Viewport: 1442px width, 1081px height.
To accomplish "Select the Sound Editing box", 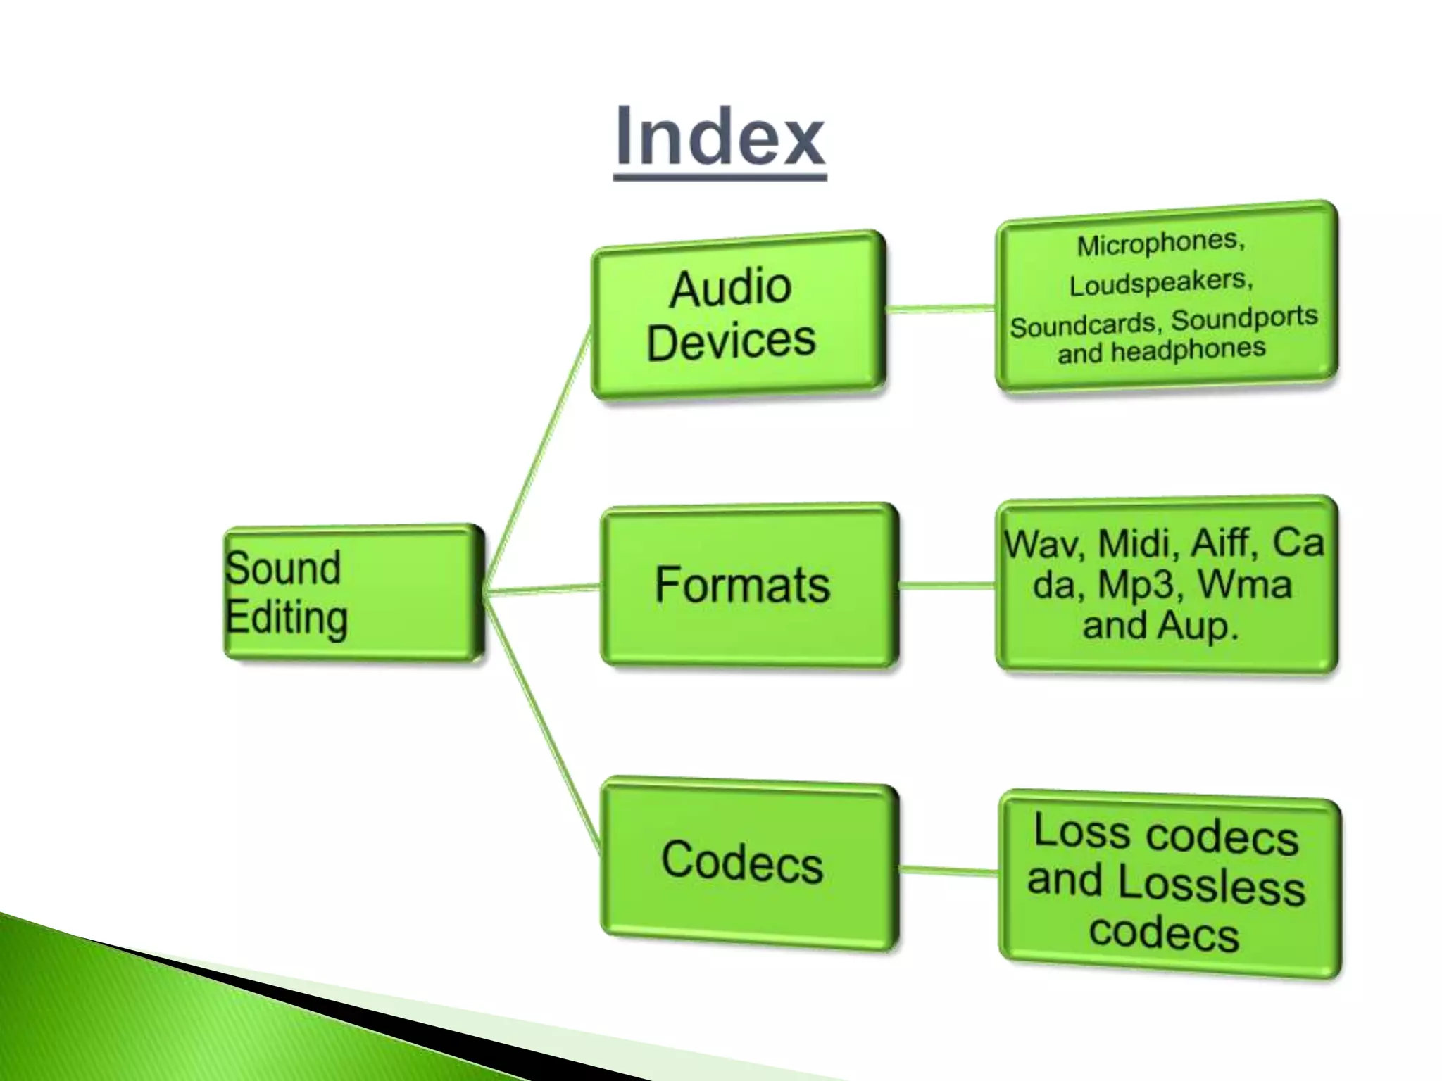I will point(354,593).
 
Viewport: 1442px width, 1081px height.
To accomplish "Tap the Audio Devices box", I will point(737,316).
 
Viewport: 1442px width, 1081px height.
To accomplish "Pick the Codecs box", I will point(748,862).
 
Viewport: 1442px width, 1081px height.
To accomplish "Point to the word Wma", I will point(1245,584).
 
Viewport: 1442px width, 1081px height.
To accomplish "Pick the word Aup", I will point(1196,625).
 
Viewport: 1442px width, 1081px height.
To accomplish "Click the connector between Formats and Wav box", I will point(947,585).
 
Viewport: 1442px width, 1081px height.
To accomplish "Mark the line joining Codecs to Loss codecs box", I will point(948,871).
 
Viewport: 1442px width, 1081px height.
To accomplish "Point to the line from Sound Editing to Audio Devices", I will point(539,457).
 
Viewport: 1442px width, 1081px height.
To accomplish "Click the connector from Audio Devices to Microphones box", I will point(940,308).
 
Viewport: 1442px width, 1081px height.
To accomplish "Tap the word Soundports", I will point(1244,318).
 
